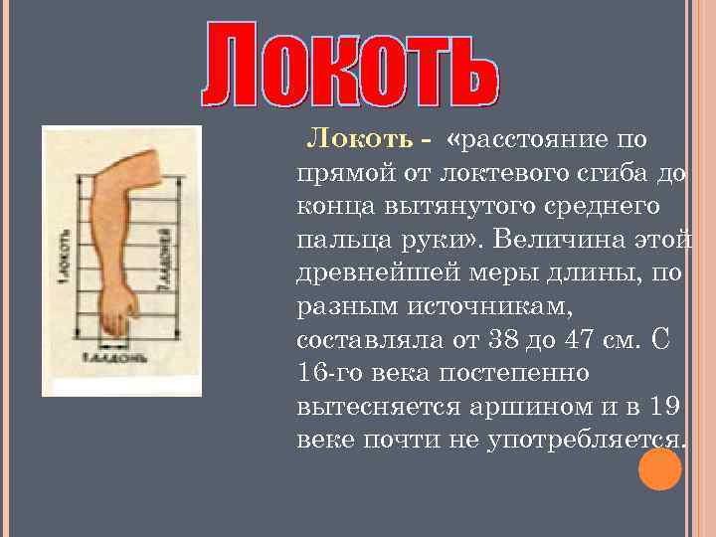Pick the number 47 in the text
click(x=586, y=340)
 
